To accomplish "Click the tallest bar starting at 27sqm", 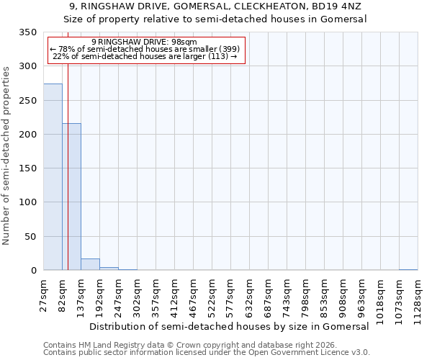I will tap(53, 176).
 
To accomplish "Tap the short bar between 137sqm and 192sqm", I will tap(90, 264).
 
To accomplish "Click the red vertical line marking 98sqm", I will tap(68, 151).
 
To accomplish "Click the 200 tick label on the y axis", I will tap(27, 135).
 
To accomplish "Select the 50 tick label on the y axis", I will tap(30, 237).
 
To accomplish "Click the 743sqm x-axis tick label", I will tap(287, 294).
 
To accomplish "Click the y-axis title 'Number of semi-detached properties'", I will tap(6, 155).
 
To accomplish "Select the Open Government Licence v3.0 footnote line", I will tap(207, 353).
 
